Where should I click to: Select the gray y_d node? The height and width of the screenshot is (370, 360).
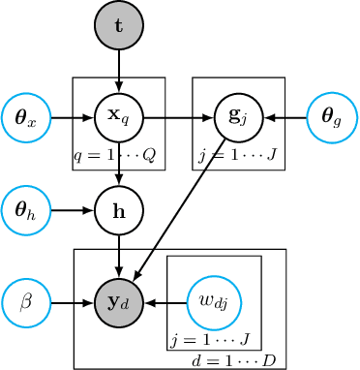click(118, 302)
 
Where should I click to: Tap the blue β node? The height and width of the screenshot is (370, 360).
click(26, 302)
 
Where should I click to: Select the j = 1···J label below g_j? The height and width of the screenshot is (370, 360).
click(238, 156)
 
